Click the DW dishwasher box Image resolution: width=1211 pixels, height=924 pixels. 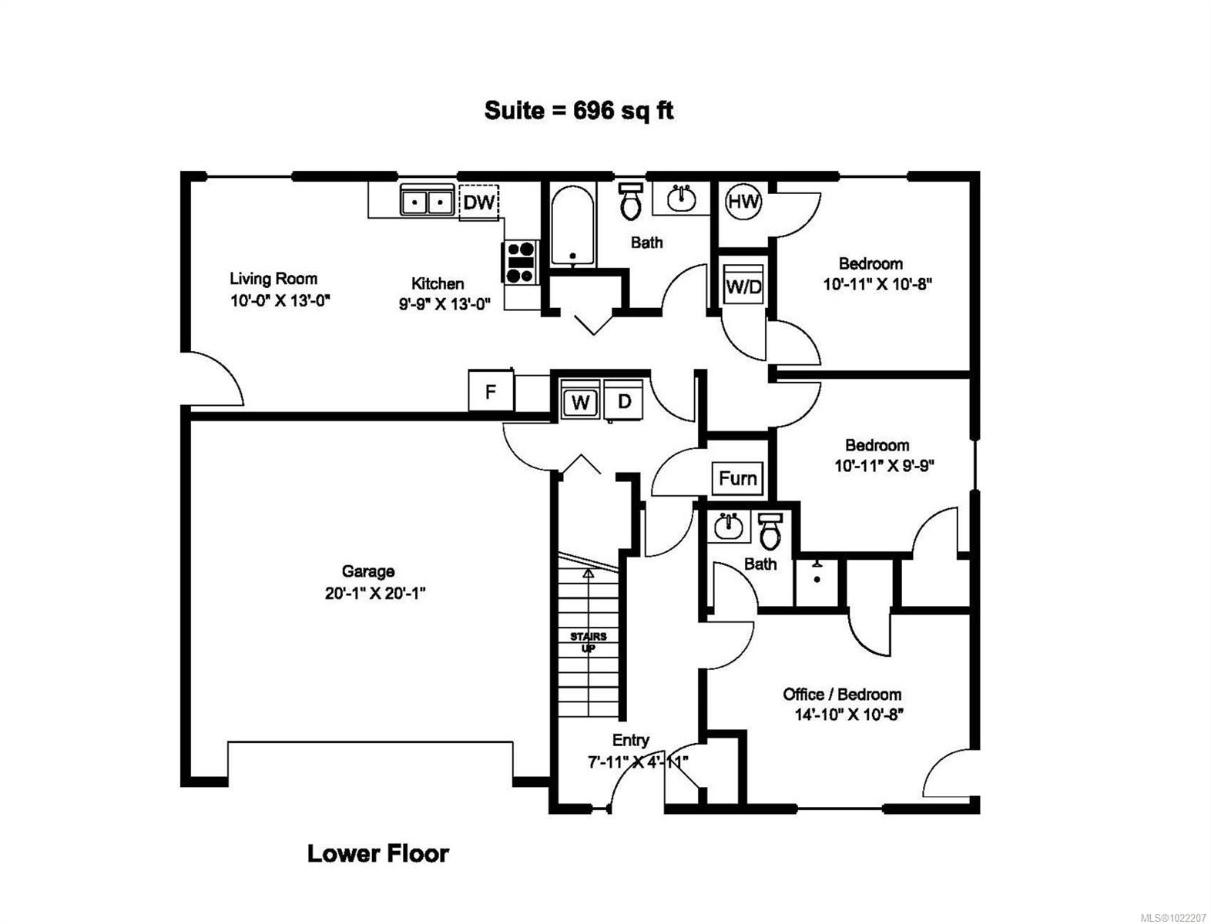(x=478, y=203)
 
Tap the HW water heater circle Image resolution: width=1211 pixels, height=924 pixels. (x=743, y=203)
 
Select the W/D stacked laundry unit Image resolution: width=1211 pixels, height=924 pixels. (x=744, y=286)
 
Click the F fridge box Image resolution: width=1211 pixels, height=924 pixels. (x=491, y=392)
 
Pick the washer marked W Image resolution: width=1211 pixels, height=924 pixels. (x=581, y=402)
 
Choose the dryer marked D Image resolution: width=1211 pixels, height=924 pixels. (x=625, y=401)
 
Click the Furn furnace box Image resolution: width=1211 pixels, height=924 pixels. (x=737, y=478)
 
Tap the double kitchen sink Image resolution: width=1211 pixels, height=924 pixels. (x=426, y=202)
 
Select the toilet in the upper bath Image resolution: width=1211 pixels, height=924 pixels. (x=631, y=202)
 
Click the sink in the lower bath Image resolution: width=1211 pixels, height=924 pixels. (x=727, y=527)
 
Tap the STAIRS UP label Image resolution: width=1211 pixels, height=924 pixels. (x=588, y=642)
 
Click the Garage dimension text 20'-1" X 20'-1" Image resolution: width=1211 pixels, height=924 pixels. (x=375, y=594)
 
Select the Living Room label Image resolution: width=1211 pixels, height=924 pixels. (x=273, y=279)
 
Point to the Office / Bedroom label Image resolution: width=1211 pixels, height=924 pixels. (x=842, y=694)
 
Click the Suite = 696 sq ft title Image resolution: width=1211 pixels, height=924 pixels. (x=579, y=111)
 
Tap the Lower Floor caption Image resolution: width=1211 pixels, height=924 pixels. (x=377, y=853)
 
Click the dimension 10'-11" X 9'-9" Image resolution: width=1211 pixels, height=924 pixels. (x=884, y=466)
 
